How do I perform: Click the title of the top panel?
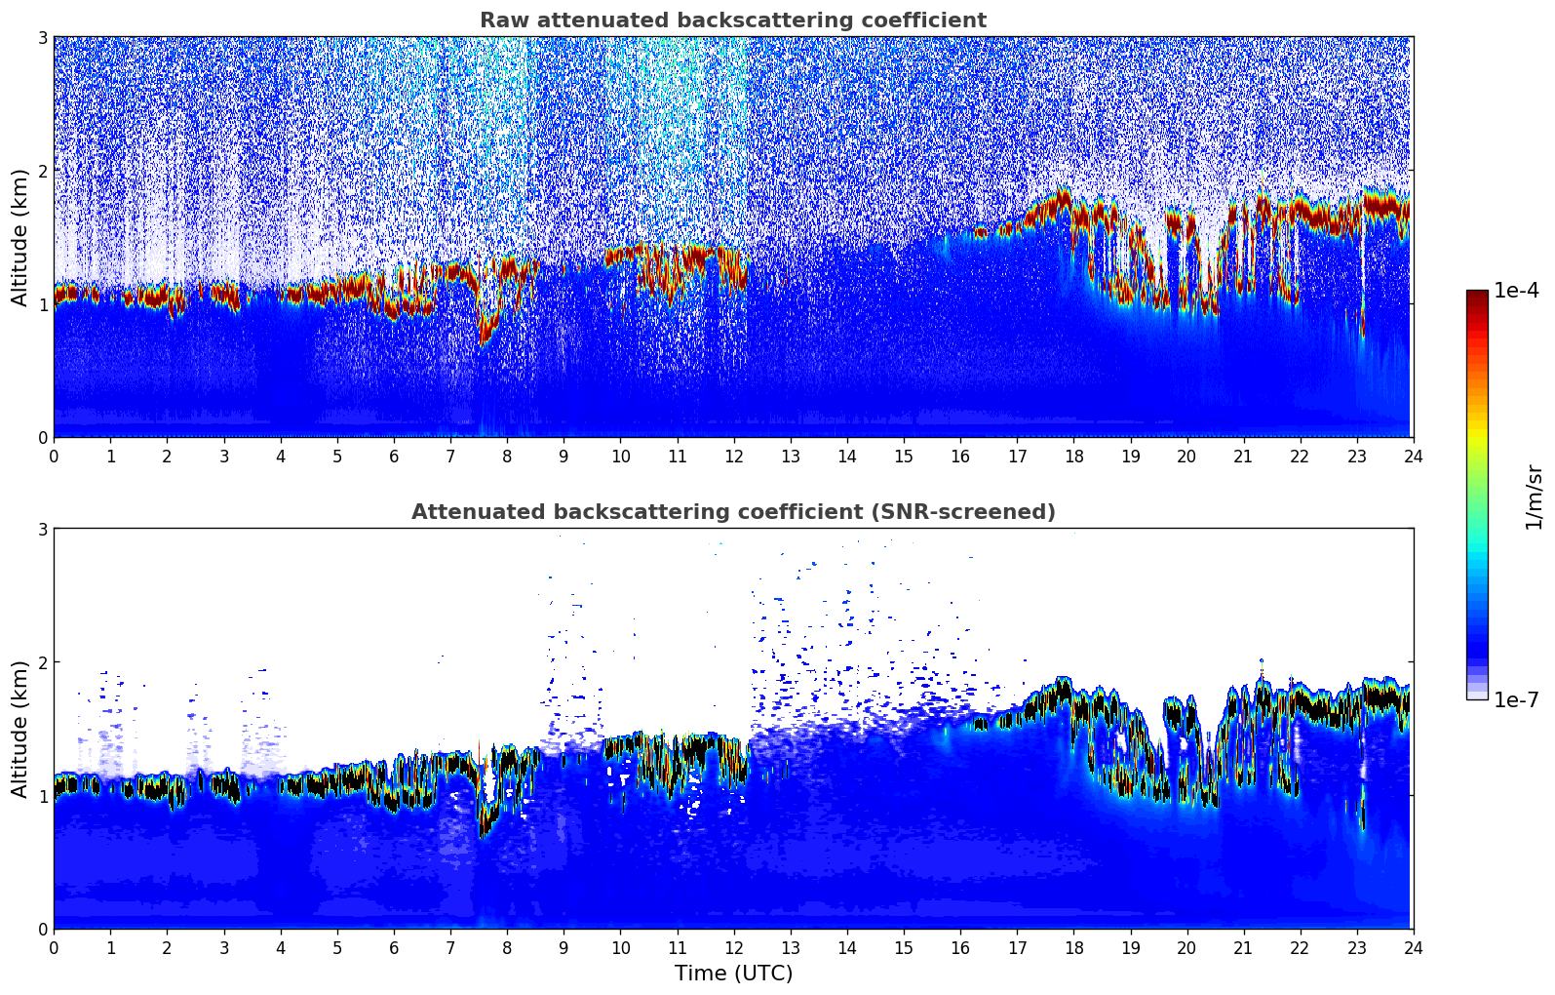732,20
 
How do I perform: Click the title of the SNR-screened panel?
732,512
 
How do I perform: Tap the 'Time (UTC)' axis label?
733,974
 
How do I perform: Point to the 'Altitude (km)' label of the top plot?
19,237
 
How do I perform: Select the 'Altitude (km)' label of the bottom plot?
19,729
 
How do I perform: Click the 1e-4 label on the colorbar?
1516,291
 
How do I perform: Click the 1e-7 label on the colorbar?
1516,699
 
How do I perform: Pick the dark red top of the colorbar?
1476,295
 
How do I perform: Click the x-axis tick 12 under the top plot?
733,456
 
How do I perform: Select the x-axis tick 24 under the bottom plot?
1413,947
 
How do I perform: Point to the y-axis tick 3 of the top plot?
42,37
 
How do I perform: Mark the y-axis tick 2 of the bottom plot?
42,662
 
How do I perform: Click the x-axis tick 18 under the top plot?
1073,456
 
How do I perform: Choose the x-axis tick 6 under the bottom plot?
394,947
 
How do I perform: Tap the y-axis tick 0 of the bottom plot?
42,930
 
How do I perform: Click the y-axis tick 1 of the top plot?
42,304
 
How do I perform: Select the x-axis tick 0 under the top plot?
54,456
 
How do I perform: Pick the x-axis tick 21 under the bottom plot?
1243,947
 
